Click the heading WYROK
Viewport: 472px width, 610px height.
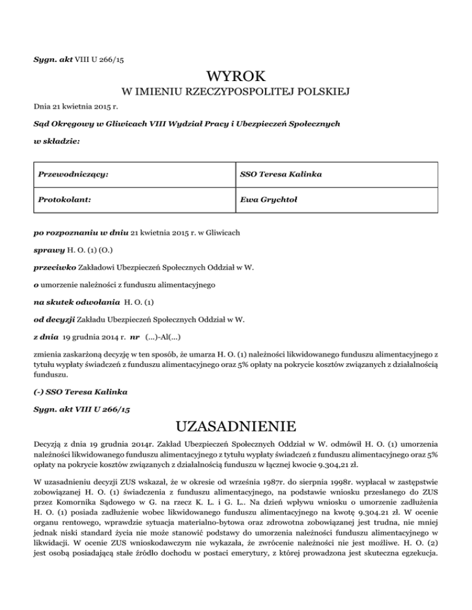pyautogui.click(x=236, y=76)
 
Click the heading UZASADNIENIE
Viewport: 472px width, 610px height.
pyautogui.click(x=236, y=425)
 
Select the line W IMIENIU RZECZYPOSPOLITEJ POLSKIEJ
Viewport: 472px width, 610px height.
pyautogui.click(x=236, y=93)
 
